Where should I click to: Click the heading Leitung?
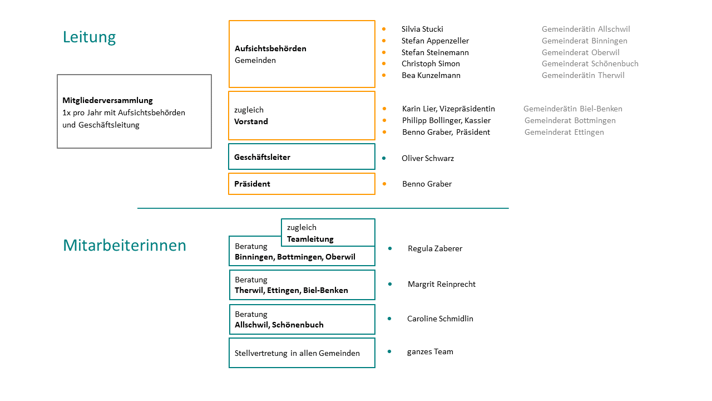click(x=90, y=37)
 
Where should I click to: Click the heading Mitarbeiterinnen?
click(x=124, y=246)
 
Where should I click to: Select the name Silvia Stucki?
click(x=422, y=29)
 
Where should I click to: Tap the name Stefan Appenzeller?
click(x=435, y=41)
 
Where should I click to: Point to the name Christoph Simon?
click(x=431, y=63)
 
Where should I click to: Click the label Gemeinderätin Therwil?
click(x=583, y=75)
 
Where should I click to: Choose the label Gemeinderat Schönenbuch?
click(x=590, y=63)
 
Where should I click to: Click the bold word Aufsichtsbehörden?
click(x=270, y=48)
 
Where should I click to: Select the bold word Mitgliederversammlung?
click(x=107, y=101)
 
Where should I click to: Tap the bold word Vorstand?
click(x=251, y=121)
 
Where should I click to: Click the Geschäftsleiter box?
click(x=301, y=157)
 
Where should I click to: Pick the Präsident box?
click(x=301, y=184)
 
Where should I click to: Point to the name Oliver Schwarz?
click(x=428, y=159)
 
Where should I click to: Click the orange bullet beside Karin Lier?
click(x=384, y=109)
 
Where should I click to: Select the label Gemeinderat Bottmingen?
click(x=570, y=121)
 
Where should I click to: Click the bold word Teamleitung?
click(x=310, y=239)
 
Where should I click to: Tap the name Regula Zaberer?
click(x=435, y=248)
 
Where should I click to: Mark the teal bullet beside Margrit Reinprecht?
click(x=390, y=284)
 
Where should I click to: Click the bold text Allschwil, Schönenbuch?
click(x=279, y=325)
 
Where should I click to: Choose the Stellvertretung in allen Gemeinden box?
click(x=302, y=353)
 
